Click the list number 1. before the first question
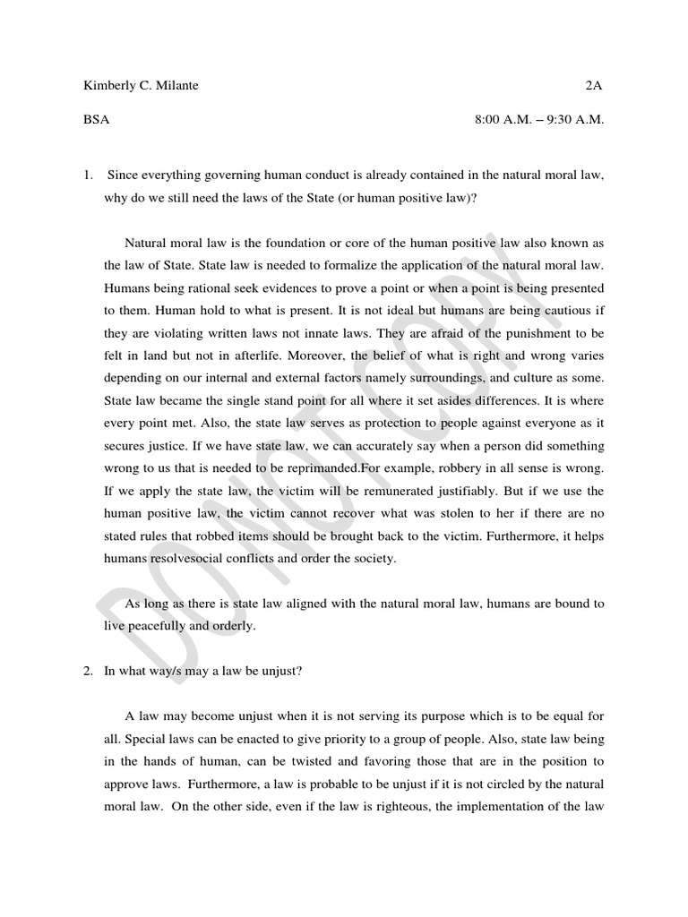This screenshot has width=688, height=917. click(x=88, y=175)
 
